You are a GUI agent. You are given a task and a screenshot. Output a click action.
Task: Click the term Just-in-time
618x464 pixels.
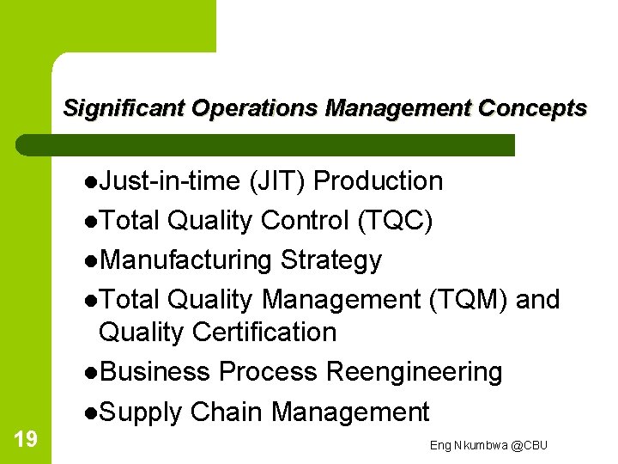[x=170, y=181]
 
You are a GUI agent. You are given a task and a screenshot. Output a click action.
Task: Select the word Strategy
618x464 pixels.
[x=331, y=260]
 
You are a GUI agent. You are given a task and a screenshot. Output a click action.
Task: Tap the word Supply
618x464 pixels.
[x=141, y=412]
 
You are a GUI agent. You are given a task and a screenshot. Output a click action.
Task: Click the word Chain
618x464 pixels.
[x=227, y=412]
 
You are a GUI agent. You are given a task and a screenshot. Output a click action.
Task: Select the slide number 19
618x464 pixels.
[x=26, y=440]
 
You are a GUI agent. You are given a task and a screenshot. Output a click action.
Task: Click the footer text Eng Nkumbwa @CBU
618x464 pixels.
[x=488, y=445]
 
